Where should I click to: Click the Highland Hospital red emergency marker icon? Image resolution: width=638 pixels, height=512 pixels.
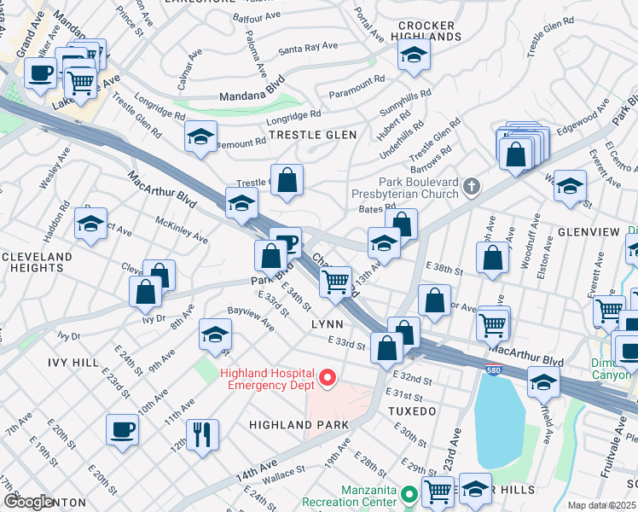click(325, 375)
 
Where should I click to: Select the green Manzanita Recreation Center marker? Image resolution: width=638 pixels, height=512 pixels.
click(409, 494)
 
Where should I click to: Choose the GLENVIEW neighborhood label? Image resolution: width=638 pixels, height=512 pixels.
click(593, 231)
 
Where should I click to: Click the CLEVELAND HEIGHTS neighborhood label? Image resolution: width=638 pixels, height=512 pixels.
click(37, 263)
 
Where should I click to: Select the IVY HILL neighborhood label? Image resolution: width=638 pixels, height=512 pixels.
click(73, 363)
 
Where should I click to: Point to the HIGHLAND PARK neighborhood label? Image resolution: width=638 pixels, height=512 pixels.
click(299, 424)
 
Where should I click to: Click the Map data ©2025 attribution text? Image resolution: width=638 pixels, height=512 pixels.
click(602, 505)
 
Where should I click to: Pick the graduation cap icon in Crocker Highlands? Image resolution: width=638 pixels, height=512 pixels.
click(415, 55)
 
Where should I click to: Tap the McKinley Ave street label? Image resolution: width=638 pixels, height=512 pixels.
click(182, 229)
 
